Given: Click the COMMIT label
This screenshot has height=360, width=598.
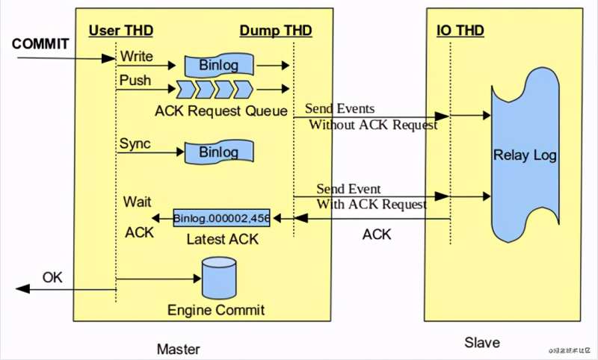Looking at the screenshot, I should (41, 44).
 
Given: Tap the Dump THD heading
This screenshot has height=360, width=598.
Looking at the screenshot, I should (276, 30).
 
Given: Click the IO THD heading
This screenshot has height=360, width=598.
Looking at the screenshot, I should (460, 30).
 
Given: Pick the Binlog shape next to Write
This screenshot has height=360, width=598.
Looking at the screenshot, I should (218, 65).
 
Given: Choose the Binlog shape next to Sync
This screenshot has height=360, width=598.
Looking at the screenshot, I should (218, 152).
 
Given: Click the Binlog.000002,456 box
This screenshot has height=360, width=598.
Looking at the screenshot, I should (221, 218).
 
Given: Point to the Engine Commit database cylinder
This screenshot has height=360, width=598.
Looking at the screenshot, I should (220, 279).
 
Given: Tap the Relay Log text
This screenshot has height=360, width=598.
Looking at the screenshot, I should (525, 155).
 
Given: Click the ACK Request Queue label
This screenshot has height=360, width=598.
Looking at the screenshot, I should (221, 111).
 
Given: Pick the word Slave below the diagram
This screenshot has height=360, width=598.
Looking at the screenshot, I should (481, 343).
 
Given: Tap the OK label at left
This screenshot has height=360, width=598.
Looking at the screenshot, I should (52, 277).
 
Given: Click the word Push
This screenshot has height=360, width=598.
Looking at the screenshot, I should (135, 80).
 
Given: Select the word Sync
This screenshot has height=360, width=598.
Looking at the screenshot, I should (135, 143).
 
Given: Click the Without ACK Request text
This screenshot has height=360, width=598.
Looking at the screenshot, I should (373, 125).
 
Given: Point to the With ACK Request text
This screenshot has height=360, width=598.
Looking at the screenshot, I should (372, 204).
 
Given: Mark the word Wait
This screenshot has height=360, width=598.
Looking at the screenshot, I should (138, 202).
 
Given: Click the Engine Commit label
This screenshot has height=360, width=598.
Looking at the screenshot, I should (216, 310).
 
